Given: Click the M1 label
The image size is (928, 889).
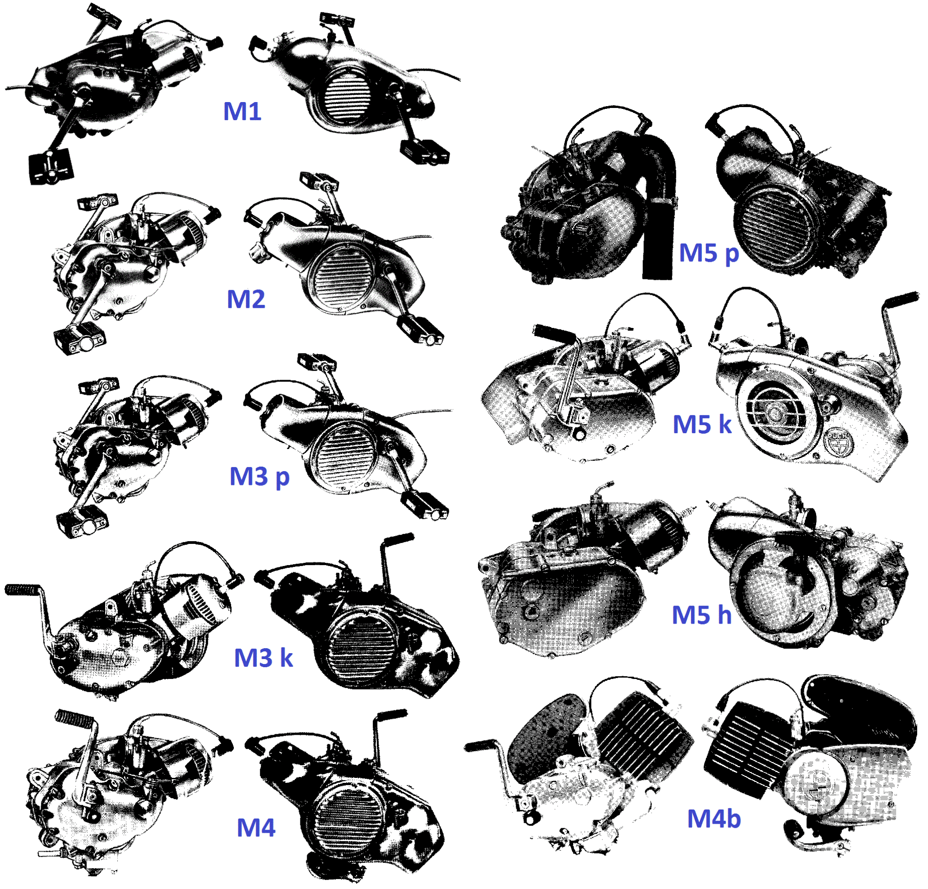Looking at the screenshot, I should click(x=242, y=112).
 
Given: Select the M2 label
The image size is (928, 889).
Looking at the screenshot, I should click(x=246, y=299).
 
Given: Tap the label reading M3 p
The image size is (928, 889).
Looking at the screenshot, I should click(x=259, y=476).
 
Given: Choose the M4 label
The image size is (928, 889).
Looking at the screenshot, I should click(x=256, y=827).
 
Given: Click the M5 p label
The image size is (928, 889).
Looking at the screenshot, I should click(x=708, y=253).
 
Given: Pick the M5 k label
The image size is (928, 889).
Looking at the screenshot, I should click(x=702, y=424).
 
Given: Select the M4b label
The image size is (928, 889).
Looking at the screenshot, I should click(x=714, y=818).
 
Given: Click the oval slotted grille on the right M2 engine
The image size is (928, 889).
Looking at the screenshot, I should click(x=343, y=279).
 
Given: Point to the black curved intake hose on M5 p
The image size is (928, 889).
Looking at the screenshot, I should click(x=660, y=204).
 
